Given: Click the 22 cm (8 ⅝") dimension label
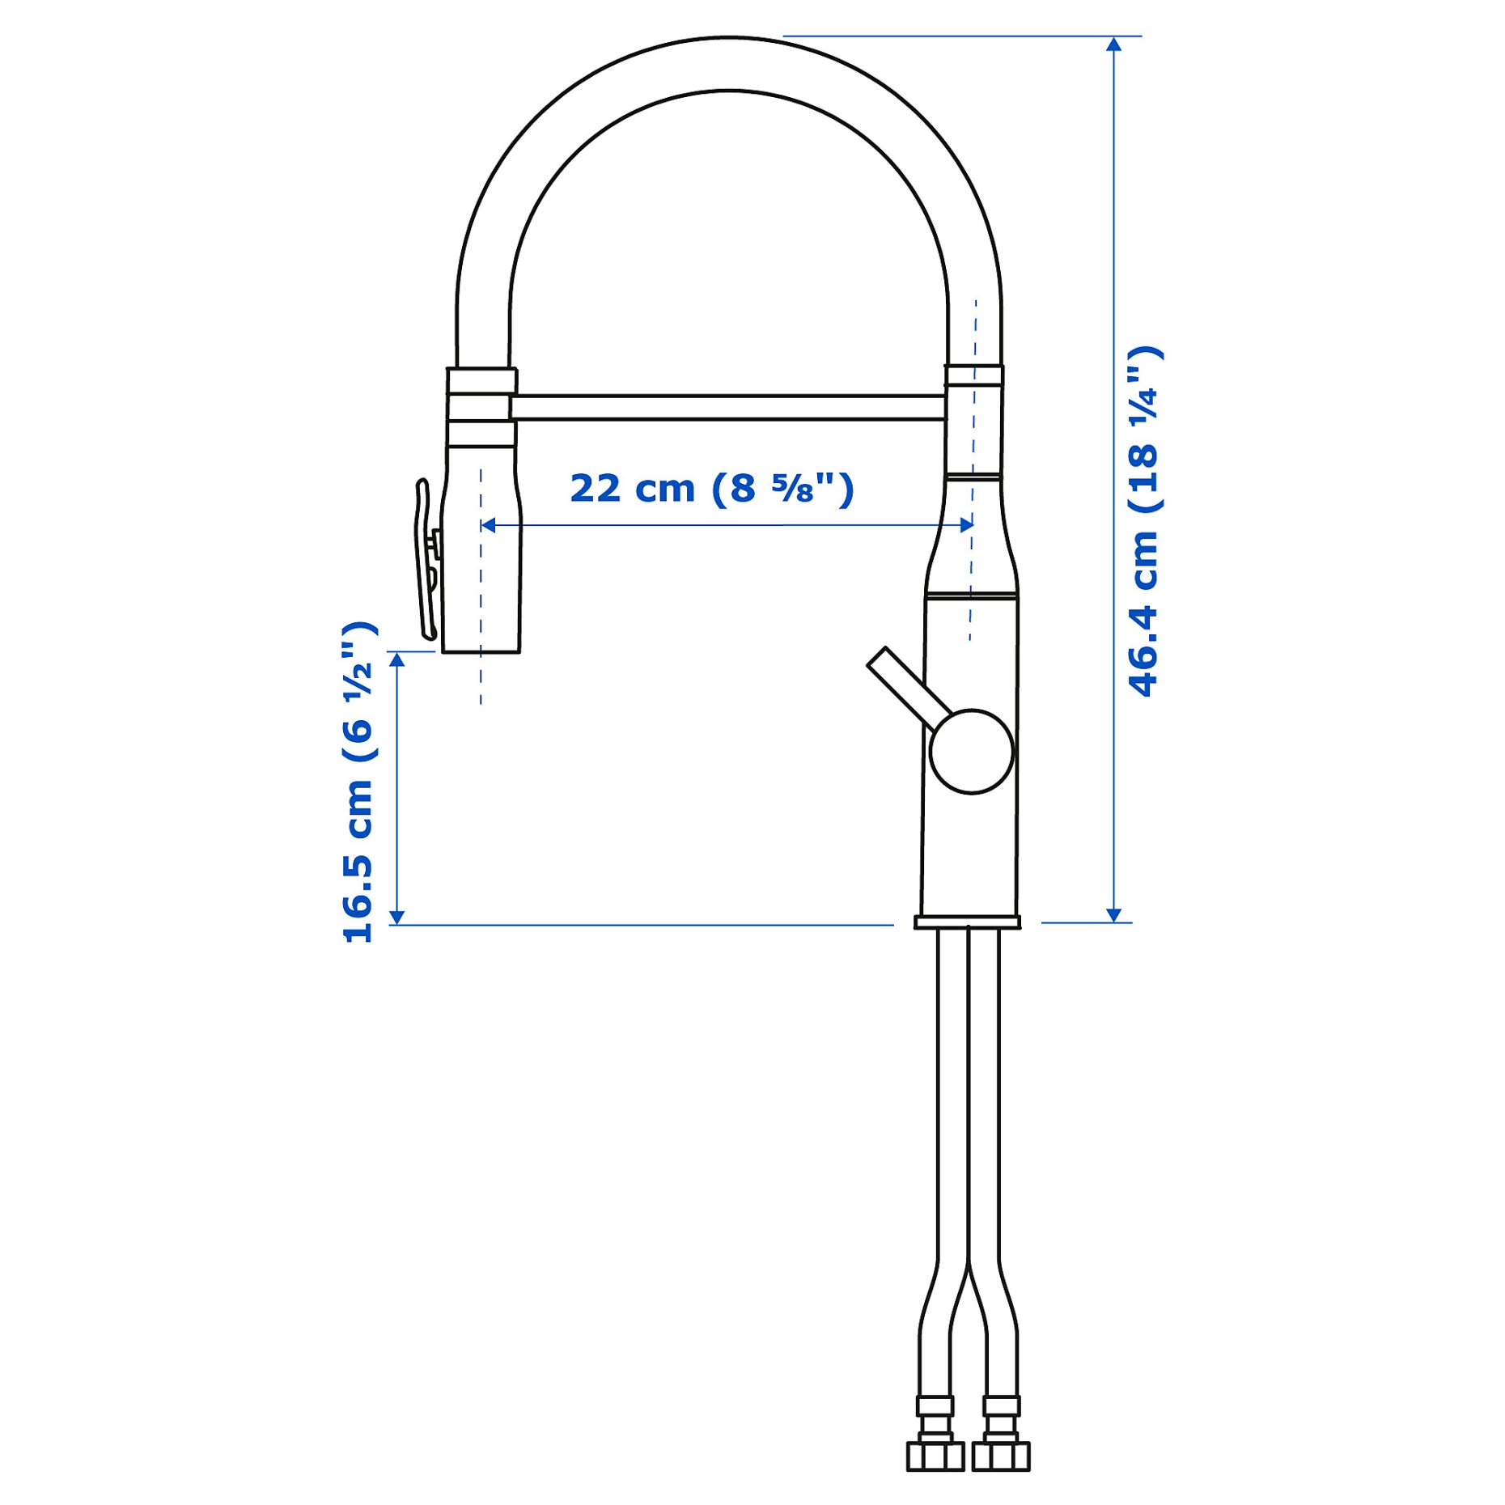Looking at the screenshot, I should pyautogui.click(x=711, y=489).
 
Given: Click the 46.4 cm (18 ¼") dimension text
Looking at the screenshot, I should pyautogui.click(x=1143, y=521).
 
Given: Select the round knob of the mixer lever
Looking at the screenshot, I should pyautogui.click(x=970, y=751).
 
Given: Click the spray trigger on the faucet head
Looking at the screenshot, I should pyautogui.click(x=426, y=558).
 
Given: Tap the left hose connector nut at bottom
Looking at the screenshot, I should pyautogui.click(x=935, y=1455).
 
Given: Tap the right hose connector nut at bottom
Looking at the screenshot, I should pyautogui.click(x=1001, y=1455).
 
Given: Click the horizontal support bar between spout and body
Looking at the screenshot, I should pyautogui.click(x=728, y=407).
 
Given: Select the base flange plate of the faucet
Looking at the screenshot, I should pyautogui.click(x=967, y=922).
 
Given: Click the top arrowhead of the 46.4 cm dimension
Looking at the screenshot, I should pyautogui.click(x=1113, y=44).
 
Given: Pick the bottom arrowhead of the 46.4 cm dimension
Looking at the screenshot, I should pyautogui.click(x=1113, y=914).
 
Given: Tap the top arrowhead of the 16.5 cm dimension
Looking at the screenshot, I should pyautogui.click(x=396, y=659).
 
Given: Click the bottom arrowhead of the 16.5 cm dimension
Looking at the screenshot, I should pyautogui.click(x=396, y=917).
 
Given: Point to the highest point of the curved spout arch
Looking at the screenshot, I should pyautogui.click(x=728, y=38).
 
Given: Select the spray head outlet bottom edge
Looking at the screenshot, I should pyautogui.click(x=481, y=651).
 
